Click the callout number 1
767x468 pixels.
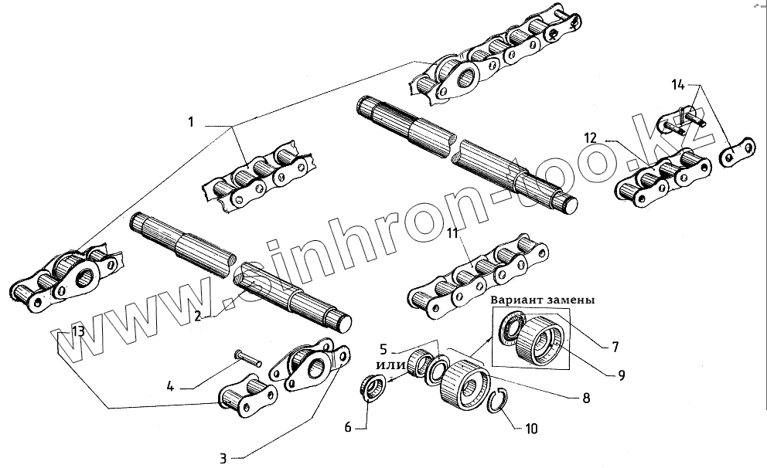coord(190,122)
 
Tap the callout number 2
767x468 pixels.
coord(198,315)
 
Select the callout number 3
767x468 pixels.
coord(223,459)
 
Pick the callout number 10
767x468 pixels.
coord(531,427)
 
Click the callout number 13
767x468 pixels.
coord(77,332)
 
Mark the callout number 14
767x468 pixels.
coord(677,83)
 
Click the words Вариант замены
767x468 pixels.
coord(542,300)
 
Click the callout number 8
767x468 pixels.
coord(585,398)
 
